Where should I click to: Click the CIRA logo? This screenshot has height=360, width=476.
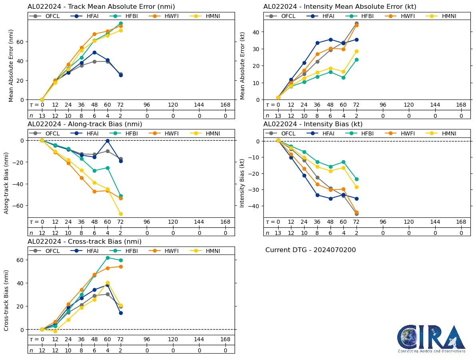click(x=431, y=338)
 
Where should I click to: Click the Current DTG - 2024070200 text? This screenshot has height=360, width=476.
click(x=311, y=250)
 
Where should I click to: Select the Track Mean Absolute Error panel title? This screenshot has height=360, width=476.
click(x=101, y=7)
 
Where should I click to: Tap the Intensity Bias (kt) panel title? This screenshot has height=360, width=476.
click(x=313, y=124)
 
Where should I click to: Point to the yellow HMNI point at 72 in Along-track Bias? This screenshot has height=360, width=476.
click(x=121, y=214)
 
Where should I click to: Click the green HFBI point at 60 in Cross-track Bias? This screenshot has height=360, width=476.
click(x=108, y=258)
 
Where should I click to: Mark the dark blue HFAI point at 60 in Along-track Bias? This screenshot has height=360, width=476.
click(x=108, y=141)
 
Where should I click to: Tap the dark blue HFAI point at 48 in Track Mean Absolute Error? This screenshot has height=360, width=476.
click(x=94, y=52)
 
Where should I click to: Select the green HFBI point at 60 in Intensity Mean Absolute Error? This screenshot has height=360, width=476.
click(x=343, y=78)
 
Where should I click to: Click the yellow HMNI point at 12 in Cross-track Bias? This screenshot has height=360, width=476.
click(x=55, y=331)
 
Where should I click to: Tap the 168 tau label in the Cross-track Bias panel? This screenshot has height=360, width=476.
click(x=225, y=340)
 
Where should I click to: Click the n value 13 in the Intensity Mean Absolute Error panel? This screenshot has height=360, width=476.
click(x=278, y=116)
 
